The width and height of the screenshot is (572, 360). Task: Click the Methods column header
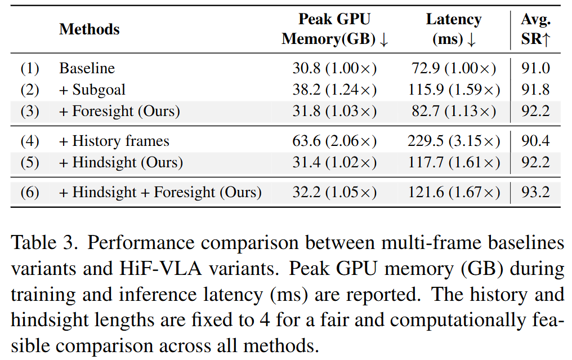[90, 29]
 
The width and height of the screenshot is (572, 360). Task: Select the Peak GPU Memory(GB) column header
[334, 29]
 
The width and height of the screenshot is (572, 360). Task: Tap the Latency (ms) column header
[453, 29]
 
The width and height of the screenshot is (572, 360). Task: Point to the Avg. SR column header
[535, 29]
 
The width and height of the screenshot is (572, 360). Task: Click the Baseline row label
[87, 68]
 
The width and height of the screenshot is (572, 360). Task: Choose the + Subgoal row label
[92, 90]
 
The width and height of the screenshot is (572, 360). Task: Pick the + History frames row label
[114, 141]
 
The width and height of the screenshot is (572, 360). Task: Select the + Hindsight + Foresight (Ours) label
[160, 193]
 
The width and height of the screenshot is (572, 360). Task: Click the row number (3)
[30, 111]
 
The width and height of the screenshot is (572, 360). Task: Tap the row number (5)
[30, 162]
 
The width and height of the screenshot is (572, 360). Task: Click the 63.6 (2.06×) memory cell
[334, 141]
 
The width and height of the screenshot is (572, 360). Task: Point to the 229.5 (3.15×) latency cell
[454, 141]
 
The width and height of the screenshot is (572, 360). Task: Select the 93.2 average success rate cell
[535, 192]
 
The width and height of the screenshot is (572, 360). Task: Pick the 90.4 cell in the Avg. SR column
[535, 141]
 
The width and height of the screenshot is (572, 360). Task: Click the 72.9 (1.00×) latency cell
[454, 68]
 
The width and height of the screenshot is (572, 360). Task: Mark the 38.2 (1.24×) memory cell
[334, 90]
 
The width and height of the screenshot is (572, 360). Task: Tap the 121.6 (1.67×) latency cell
[454, 193]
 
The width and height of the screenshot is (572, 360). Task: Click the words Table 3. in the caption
[44, 243]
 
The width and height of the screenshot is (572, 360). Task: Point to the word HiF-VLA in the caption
[160, 269]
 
